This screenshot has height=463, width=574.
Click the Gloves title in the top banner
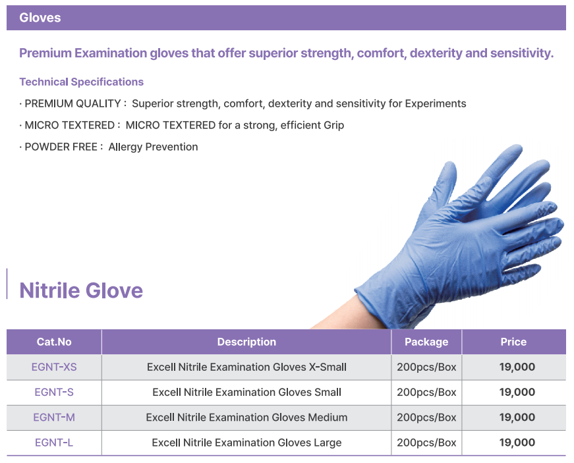40,18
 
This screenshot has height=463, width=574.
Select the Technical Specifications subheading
81,82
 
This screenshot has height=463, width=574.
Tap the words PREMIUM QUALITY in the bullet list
72,103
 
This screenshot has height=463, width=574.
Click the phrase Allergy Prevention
153,147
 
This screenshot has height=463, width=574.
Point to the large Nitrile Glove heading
81,290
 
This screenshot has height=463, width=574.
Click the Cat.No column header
54,342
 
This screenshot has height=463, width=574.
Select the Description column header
246,342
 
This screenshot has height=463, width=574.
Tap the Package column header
426,342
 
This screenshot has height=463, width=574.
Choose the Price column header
513,342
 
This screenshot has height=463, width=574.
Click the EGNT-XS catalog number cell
54,367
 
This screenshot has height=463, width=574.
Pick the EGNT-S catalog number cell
54,392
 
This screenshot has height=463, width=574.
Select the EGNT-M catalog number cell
54,418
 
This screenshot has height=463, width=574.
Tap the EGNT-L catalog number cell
54,443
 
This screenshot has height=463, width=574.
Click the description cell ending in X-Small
246,367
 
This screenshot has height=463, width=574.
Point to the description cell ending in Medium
246,418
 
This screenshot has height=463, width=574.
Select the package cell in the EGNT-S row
426,392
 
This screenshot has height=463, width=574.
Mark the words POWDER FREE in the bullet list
61,147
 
